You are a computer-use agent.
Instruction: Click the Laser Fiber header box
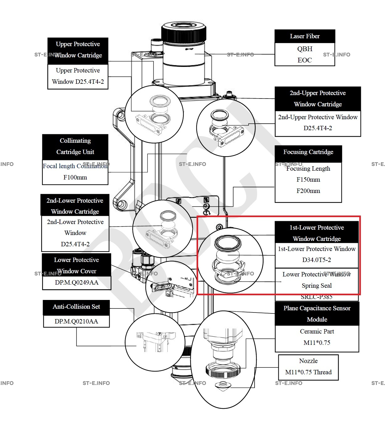305,36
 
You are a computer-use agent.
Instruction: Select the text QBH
305,49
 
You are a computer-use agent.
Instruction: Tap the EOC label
305,60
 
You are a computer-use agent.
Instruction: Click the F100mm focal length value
75,177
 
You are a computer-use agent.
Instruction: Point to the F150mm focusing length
308,180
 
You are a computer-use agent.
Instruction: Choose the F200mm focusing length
308,191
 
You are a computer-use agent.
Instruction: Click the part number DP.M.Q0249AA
76,283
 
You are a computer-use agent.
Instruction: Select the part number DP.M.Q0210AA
76,322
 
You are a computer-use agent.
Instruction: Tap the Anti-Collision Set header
76,307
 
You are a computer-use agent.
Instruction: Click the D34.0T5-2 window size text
317,260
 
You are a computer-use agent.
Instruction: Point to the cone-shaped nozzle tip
222,387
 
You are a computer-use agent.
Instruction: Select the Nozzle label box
308,367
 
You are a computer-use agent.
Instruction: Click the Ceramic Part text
317,332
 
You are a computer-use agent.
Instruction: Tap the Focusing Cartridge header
308,152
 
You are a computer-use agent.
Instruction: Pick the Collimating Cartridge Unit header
75,147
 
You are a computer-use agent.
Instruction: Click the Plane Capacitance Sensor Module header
317,314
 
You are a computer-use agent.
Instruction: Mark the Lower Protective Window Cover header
76,265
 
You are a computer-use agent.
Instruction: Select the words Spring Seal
317,286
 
